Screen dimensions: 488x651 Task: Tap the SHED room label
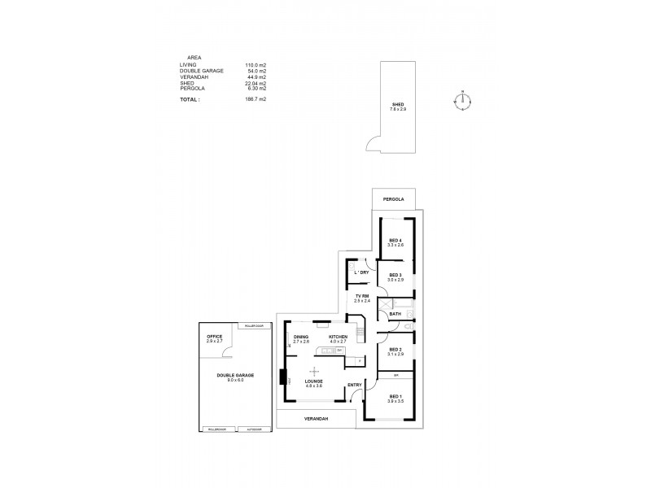[x=398, y=105]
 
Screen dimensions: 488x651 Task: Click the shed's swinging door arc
[x=370, y=146]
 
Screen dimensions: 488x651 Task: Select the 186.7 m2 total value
[x=256, y=98]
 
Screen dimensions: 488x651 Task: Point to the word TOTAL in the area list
[x=189, y=98]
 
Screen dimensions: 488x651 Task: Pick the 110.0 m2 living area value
[x=256, y=64]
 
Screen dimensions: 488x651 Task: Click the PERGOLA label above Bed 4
[x=394, y=198]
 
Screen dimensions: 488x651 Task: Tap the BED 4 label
[x=395, y=241]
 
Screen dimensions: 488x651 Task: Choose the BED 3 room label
[x=395, y=276]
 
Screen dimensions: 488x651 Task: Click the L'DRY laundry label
[x=361, y=272]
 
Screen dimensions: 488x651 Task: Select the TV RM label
[x=362, y=297]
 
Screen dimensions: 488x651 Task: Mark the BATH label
[x=395, y=314]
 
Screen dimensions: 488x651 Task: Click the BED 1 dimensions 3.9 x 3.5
[x=395, y=402]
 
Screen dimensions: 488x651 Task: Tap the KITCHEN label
[x=338, y=337]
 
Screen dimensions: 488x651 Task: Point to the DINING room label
[x=300, y=337]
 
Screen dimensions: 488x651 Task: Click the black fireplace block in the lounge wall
[x=282, y=378]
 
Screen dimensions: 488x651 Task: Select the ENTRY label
[x=354, y=385]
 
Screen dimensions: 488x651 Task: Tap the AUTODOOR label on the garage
[x=253, y=429]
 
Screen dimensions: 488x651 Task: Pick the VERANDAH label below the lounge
[x=316, y=420]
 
